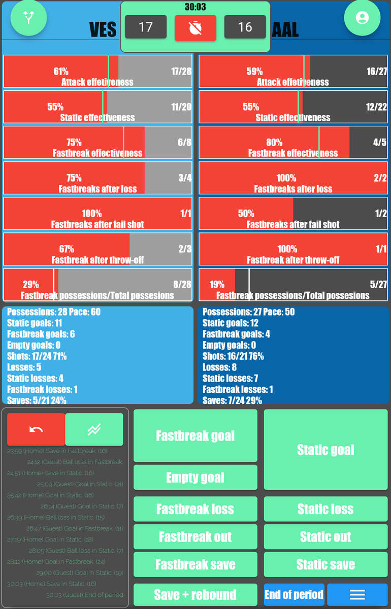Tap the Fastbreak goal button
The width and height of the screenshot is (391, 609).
point(195,436)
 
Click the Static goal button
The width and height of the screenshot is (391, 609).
point(325,450)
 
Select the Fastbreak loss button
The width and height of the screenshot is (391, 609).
point(195,509)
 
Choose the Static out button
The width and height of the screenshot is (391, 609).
point(325,537)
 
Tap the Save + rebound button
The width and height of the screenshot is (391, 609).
point(195,595)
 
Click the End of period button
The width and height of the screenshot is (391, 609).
point(294,595)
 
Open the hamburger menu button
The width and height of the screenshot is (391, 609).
point(357,595)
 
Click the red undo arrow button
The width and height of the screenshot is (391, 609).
point(36,429)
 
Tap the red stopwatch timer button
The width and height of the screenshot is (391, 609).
point(195,27)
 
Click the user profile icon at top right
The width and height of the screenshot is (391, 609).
point(362,18)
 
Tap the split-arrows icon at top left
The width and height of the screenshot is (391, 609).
point(28,18)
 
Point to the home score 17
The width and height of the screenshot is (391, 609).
point(146,27)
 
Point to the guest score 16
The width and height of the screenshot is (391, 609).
point(245,27)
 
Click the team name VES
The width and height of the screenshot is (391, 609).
point(103,30)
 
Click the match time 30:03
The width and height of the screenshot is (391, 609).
point(195,8)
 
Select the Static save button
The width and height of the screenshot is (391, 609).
point(325,564)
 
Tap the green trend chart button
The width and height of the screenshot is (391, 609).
point(94,429)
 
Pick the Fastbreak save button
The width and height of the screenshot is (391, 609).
point(195,564)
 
